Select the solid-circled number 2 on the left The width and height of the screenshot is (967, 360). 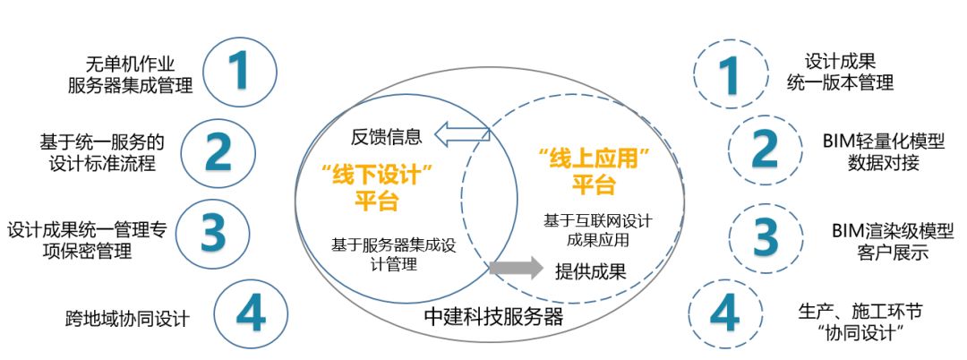click(218, 153)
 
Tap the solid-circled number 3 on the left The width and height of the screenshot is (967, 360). click(213, 232)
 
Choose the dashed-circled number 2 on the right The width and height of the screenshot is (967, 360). click(763, 150)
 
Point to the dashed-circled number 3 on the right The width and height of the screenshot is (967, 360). click(764, 236)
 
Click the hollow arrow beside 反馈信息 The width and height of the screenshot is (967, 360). click(462, 135)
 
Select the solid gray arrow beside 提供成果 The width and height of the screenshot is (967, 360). click(517, 268)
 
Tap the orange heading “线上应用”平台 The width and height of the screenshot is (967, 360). click(594, 172)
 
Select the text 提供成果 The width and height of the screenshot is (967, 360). click(590, 270)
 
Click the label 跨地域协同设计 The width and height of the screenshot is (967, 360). click(127, 318)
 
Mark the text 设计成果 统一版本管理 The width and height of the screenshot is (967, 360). click(839, 72)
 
